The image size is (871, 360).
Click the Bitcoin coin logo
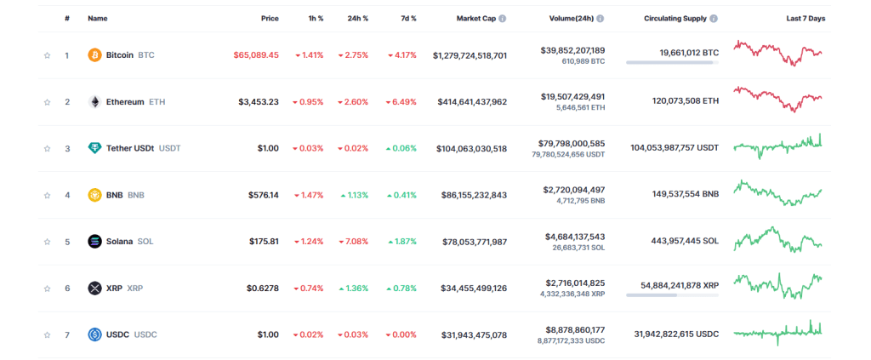94,55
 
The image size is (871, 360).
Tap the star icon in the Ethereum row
48,102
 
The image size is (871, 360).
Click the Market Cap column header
475,18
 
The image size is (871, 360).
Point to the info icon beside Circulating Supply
713,18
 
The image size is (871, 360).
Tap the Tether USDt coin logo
94,148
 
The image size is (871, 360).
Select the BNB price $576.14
263,195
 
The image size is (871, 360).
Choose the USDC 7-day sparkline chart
777,331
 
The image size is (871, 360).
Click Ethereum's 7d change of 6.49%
401,102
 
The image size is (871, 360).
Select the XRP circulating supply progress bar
672,295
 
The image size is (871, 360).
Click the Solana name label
119,242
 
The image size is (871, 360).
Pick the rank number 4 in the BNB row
67,195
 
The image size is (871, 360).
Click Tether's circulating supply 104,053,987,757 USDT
675,148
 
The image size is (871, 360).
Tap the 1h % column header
314,18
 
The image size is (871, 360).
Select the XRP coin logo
94,289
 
